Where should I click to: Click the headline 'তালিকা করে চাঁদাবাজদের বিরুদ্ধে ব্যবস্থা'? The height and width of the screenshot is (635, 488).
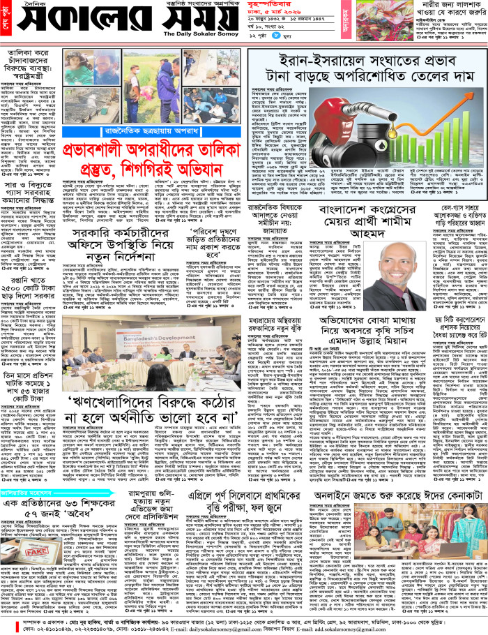[32, 66]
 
